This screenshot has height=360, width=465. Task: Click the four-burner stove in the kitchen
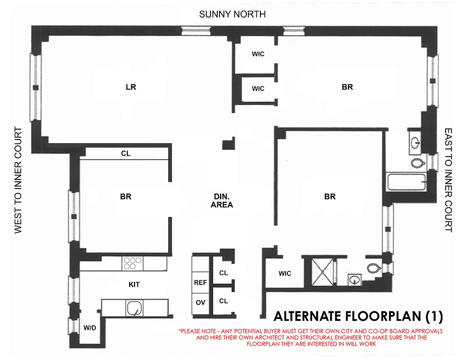133,263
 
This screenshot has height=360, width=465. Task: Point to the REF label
201,283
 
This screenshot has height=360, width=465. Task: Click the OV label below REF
201,303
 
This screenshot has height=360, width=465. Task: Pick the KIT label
134,284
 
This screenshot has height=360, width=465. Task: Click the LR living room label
131,87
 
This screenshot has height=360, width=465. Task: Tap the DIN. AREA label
222,201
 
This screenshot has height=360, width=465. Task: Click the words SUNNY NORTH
232,14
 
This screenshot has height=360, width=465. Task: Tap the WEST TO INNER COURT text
18,180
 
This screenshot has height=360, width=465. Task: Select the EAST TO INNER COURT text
448,180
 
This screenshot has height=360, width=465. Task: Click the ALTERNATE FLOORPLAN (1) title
358,316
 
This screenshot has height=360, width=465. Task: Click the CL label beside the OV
224,301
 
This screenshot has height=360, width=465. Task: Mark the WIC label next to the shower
285,274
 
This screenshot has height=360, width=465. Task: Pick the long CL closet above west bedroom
125,153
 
